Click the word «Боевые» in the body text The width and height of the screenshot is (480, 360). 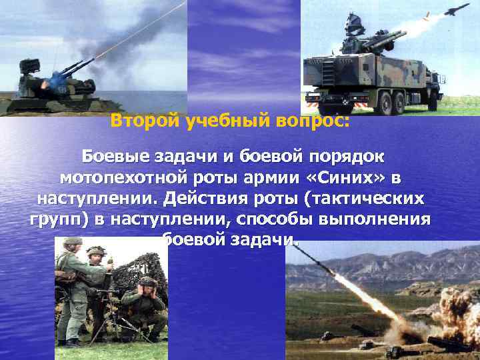tap(115, 157)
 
